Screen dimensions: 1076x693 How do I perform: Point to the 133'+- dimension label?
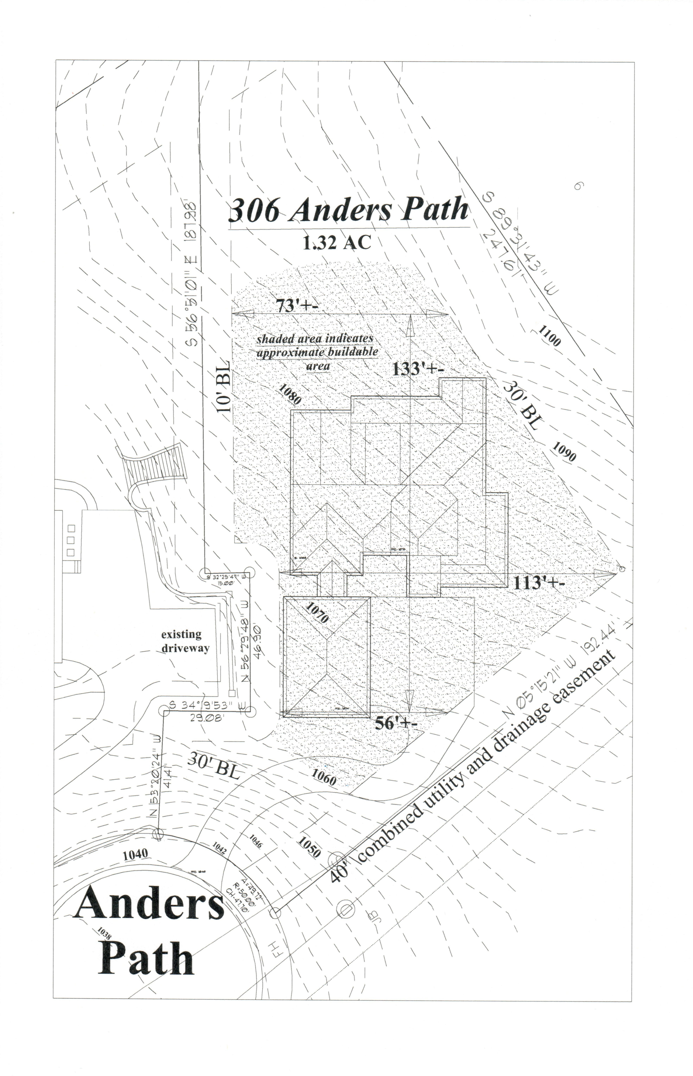(x=418, y=368)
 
